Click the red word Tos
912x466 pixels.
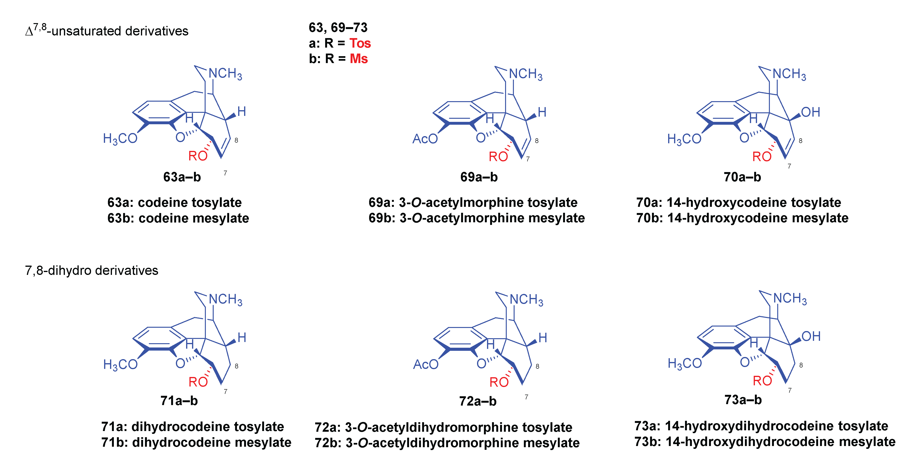click(360, 43)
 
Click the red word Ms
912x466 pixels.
click(359, 59)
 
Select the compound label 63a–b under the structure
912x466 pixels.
click(182, 177)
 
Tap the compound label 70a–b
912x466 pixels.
click(742, 177)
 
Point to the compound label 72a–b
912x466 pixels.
click(478, 401)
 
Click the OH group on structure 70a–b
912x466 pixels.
click(811, 112)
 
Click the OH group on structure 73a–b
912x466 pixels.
click(811, 336)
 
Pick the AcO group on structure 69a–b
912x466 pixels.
click(425, 139)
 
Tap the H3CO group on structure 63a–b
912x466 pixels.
click(120, 139)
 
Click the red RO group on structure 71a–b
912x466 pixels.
click(198, 382)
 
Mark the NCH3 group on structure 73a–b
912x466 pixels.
click(790, 299)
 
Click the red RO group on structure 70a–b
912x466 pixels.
click(762, 157)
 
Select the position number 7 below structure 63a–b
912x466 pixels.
click(225, 173)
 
